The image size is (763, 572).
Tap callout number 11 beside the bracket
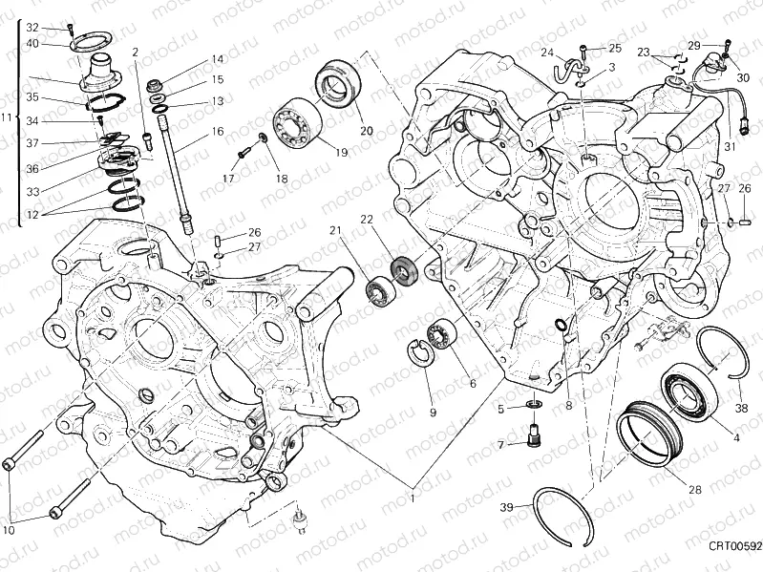[8, 118]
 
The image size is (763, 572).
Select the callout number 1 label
[413, 498]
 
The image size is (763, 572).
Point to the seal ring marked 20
[334, 84]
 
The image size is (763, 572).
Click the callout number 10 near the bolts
[9, 530]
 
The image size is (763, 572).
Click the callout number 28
[694, 490]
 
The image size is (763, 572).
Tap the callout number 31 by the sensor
[731, 146]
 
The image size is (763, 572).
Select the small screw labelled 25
[584, 47]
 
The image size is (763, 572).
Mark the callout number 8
[568, 405]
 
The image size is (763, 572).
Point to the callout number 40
[32, 43]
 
